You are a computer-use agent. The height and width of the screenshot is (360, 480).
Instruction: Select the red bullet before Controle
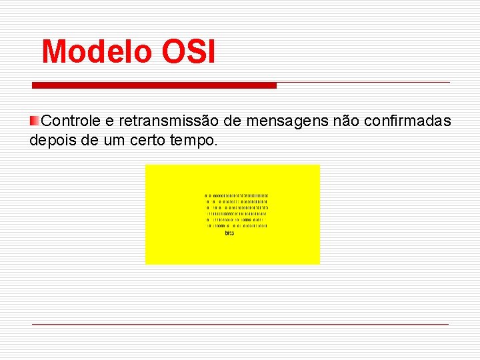coord(34,121)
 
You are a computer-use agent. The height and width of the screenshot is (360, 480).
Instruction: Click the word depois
coord(53,141)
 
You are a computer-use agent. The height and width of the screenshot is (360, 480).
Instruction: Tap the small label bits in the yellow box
coord(229,234)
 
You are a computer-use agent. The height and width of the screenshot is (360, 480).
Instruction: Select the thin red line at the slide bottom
coord(240,324)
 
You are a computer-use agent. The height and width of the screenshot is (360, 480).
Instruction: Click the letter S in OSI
coord(191,52)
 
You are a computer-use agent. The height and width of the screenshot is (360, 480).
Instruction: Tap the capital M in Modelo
coord(54,52)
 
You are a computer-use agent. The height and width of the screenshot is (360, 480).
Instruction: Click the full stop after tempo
coord(215,145)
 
